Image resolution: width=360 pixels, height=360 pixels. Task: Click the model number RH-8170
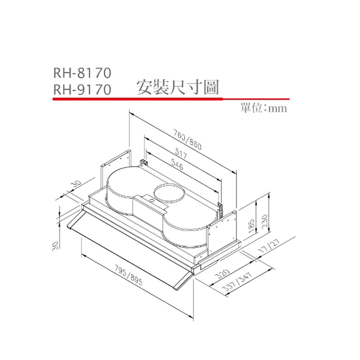tap(82, 73)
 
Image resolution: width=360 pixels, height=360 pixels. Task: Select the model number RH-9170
tap(82, 89)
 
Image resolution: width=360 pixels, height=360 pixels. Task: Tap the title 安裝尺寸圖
tap(178, 87)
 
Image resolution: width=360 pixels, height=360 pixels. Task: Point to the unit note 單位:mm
tap(264, 108)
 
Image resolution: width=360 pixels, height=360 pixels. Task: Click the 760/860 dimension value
tap(187, 140)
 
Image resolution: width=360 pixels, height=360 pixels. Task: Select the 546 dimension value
tap(177, 165)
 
